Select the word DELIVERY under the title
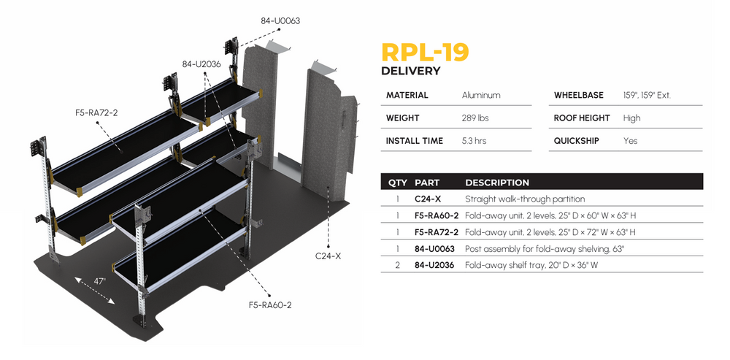coord(411,72)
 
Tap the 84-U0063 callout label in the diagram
coord(280,21)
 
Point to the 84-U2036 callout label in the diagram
coord(201,64)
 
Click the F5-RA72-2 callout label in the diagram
coord(96,112)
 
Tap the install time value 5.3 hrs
coord(474,140)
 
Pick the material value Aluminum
coord(481,95)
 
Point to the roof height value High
coord(631,118)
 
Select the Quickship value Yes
coord(630,140)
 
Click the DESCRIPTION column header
coord(496,183)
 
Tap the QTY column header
coord(397,183)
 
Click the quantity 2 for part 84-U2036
coord(397,265)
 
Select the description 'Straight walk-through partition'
coord(524,199)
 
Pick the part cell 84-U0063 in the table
coord(434,248)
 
